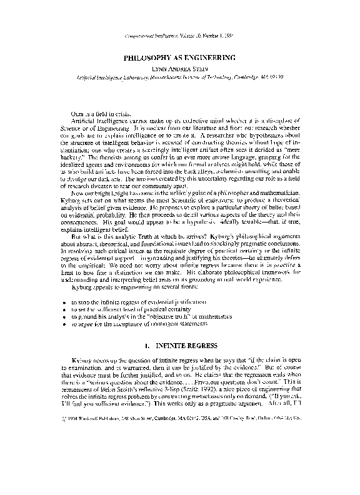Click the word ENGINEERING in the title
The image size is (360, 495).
[209, 57]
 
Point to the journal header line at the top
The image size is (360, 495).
[180, 37]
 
